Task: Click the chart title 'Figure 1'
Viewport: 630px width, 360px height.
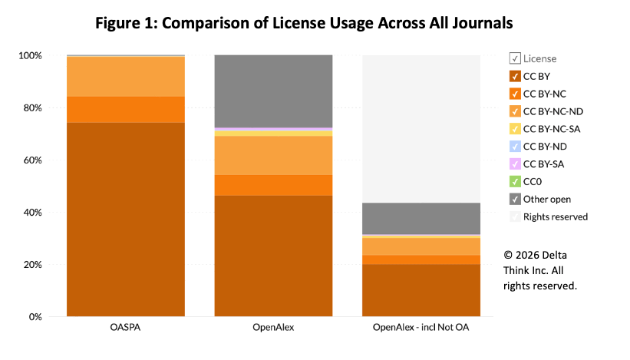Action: click(x=303, y=24)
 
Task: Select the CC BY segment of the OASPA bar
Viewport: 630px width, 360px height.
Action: click(x=126, y=219)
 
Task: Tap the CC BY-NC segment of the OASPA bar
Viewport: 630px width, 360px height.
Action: click(x=126, y=109)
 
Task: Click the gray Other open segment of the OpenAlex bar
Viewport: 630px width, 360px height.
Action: click(x=273, y=91)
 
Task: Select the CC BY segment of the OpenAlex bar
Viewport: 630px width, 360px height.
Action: click(x=273, y=256)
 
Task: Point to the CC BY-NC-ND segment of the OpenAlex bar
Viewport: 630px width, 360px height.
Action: click(x=273, y=155)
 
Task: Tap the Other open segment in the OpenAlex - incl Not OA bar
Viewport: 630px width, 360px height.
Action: click(x=421, y=218)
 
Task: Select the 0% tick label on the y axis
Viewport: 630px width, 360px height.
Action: click(x=35, y=316)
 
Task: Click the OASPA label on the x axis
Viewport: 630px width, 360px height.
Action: click(x=126, y=328)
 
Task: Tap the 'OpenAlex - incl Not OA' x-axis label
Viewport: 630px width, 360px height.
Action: click(x=421, y=328)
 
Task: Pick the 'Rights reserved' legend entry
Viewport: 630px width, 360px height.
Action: click(x=556, y=216)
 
